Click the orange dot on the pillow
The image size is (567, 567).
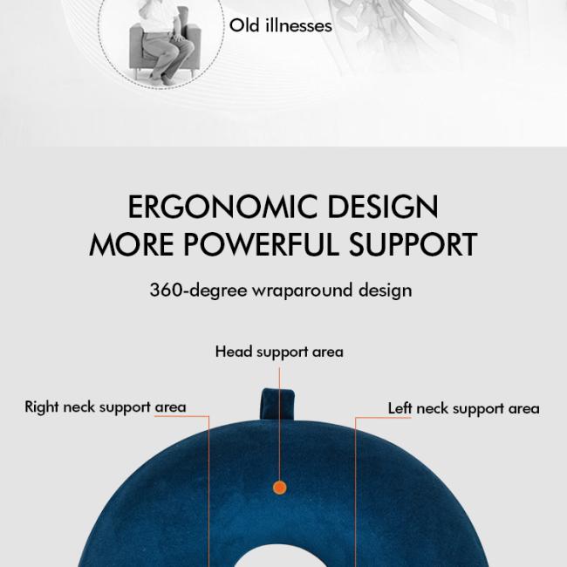pos(279,488)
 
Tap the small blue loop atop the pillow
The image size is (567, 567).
pos(277,404)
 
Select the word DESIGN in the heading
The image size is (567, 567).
pos(383,207)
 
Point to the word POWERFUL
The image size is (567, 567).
pos(262,244)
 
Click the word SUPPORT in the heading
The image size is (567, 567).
pos(413,244)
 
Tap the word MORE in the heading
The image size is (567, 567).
pos(131,244)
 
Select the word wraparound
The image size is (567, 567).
pos(303,290)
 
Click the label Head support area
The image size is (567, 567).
pos(279,352)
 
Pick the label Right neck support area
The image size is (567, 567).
pos(106,407)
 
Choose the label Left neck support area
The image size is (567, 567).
pos(463,409)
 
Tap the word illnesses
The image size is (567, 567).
pos(298,25)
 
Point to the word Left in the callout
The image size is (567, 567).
pos(400,408)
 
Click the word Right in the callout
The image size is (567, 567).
pos(42,407)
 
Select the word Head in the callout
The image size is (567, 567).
pos(234,352)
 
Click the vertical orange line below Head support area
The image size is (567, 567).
pos(279,424)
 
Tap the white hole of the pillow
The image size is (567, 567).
pos(280,558)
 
